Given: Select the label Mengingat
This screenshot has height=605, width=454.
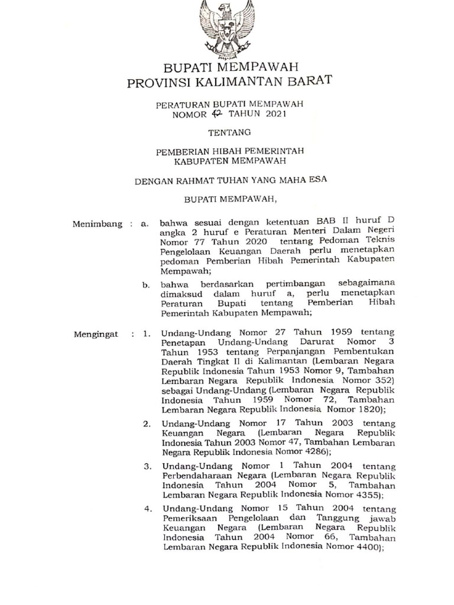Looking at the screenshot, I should [96, 335].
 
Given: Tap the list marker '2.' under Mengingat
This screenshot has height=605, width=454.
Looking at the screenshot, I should [147, 424].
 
